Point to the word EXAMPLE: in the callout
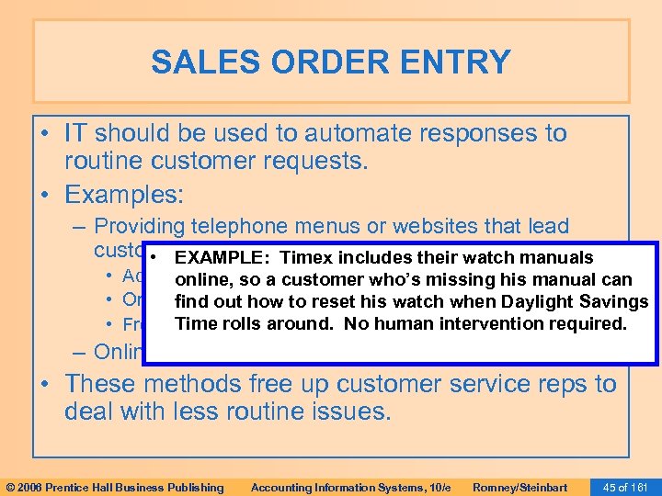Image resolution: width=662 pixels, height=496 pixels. [x=225, y=258]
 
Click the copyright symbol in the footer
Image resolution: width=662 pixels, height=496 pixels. [x=11, y=487]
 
